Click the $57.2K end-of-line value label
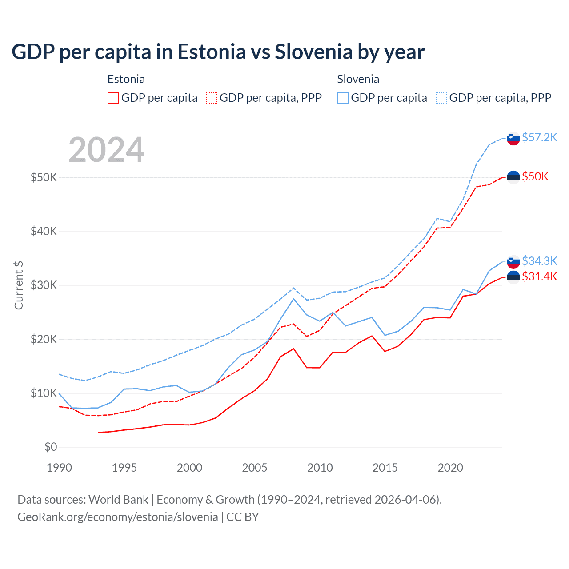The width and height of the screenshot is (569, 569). point(539,137)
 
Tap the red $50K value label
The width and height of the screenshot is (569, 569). point(535,176)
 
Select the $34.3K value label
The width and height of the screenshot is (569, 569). point(539,260)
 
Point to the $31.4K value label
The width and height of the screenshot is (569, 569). point(539,276)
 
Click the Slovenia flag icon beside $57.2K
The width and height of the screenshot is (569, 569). point(513,139)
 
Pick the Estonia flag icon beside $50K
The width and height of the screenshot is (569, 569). point(513,177)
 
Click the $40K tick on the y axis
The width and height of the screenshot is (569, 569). point(44,231)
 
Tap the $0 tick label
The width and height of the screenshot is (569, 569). point(51,447)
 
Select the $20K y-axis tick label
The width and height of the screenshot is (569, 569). point(44,339)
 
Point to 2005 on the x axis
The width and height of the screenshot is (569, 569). point(255,468)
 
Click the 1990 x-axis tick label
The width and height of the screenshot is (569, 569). point(59,468)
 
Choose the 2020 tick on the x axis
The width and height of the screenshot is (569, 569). point(450,468)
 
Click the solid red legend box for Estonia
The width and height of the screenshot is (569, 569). point(113,98)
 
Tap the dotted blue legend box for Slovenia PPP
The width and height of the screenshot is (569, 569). point(441,98)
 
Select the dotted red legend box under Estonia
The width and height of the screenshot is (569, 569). point(212,98)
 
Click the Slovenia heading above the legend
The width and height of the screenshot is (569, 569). point(358,79)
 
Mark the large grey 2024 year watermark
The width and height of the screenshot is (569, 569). point(106,150)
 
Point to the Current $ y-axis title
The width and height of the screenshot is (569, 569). point(19,285)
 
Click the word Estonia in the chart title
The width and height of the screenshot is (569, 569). point(212,52)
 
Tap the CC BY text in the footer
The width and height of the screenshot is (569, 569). point(243,517)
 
